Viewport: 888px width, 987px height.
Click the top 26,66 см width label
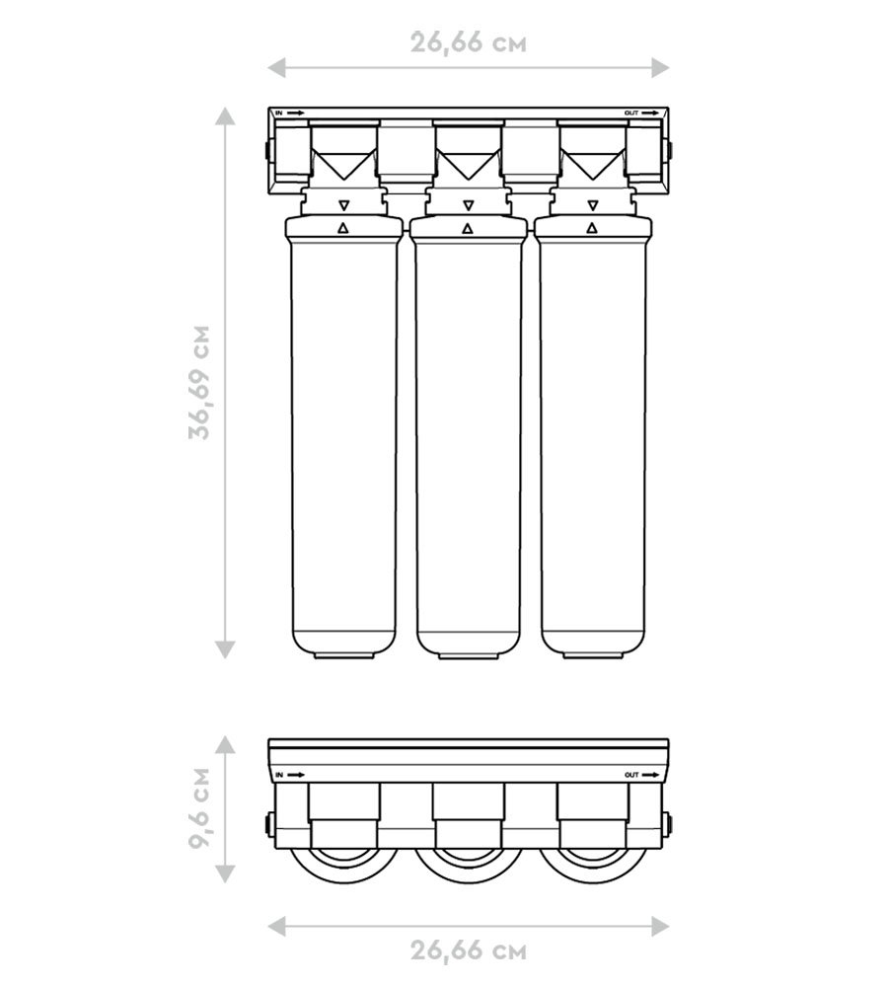pos(469,42)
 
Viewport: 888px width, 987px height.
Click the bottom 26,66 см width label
pos(469,950)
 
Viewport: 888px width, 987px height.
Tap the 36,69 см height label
pos(199,382)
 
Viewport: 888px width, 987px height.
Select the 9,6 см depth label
pos(199,807)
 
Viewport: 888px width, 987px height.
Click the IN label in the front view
pos(279,113)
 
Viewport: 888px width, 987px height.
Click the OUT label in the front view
pos(631,113)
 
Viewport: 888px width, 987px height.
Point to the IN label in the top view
pos(280,775)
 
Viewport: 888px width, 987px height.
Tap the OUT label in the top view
pos(631,775)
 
